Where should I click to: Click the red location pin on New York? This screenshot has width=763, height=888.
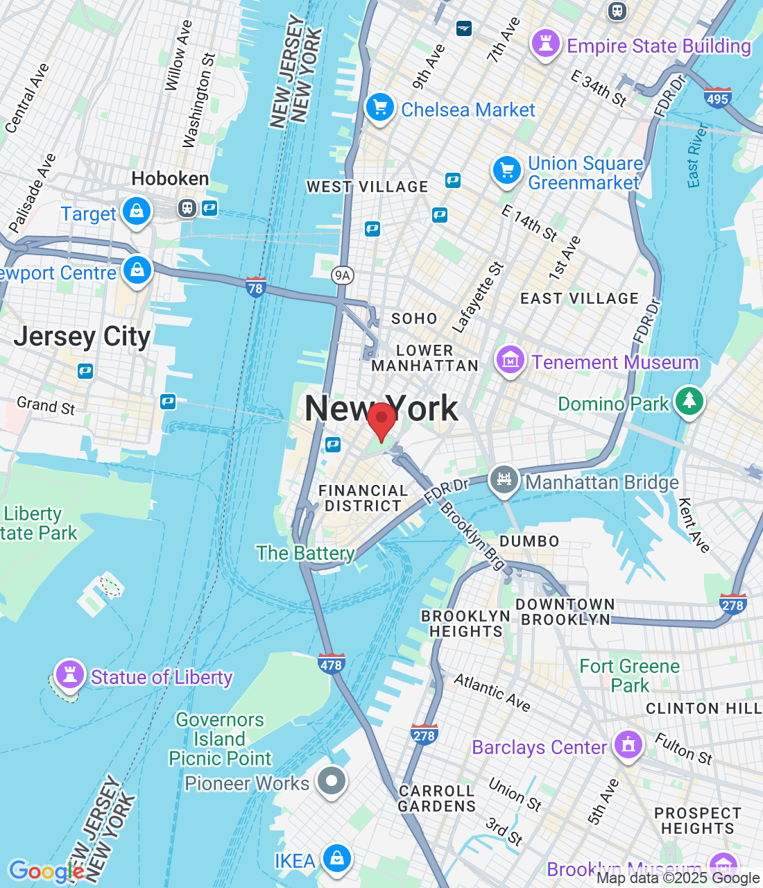tap(381, 419)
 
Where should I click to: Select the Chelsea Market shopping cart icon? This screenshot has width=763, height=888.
tap(379, 108)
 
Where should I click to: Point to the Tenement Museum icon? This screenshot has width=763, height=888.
tap(510, 361)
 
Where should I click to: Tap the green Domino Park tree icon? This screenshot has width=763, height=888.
tap(689, 401)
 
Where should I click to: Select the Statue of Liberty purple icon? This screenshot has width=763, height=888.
tap(69, 674)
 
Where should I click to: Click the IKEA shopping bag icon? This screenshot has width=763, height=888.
tap(337, 859)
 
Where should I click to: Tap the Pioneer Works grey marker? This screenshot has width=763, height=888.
tap(332, 781)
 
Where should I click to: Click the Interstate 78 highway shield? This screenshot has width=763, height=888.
tap(256, 287)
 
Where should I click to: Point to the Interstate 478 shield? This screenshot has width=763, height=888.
tap(331, 664)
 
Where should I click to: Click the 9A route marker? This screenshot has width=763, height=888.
tap(342, 275)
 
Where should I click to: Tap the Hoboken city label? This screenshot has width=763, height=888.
tap(170, 179)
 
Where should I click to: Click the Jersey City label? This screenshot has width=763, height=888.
tap(82, 337)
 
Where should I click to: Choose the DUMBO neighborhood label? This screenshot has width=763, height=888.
tap(529, 541)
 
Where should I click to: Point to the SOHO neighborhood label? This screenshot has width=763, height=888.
tap(414, 318)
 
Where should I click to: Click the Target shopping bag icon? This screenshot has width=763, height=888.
tap(137, 211)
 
